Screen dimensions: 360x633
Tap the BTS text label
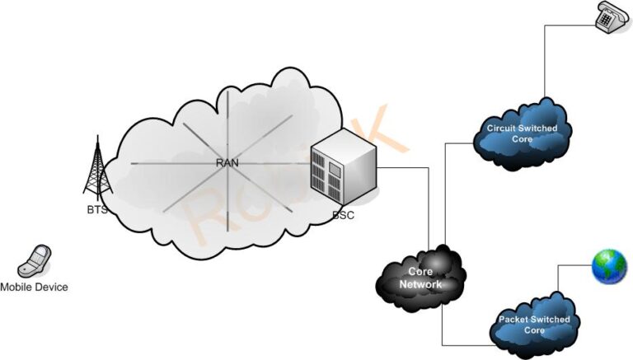tap(97, 210)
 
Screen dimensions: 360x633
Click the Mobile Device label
tap(34, 288)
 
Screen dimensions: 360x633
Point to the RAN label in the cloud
tap(227, 163)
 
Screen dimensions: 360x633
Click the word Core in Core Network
tap(421, 271)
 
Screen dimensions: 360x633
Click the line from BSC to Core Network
tap(428, 206)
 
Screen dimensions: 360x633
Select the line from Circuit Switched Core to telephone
tap(545, 66)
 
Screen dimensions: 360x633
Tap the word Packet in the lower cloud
tap(514, 319)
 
